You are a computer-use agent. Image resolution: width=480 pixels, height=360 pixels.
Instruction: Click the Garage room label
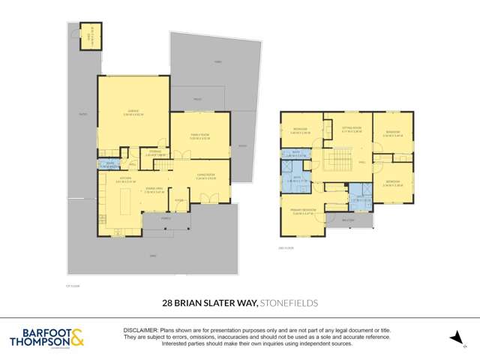[132, 112]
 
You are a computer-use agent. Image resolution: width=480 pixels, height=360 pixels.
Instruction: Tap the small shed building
[89, 36]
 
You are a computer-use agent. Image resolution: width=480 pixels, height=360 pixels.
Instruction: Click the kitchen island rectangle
[124, 200]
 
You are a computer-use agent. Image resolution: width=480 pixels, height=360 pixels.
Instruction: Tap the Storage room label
[155, 152]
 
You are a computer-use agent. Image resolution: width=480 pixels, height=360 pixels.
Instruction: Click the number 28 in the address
[169, 304]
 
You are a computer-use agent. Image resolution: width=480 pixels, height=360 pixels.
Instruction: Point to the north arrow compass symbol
[453, 338]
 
